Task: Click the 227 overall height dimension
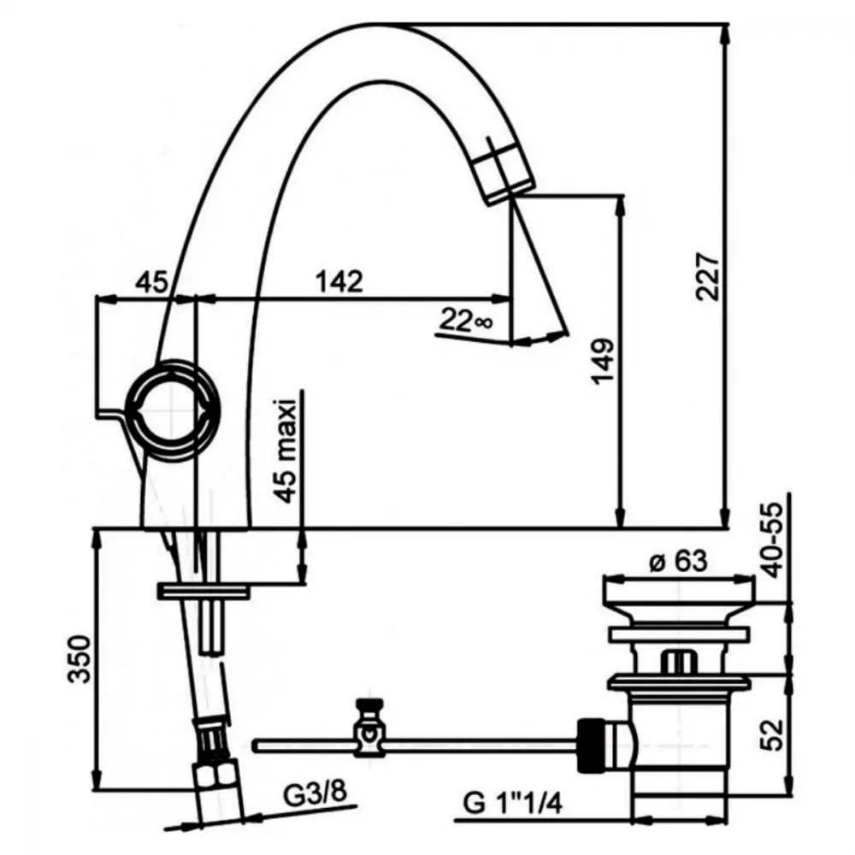(708, 276)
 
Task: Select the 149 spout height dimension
(603, 362)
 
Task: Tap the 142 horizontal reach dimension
(339, 281)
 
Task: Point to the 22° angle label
(466, 320)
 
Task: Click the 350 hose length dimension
(80, 658)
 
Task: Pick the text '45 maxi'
(286, 451)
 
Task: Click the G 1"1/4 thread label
(512, 803)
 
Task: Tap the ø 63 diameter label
(678, 561)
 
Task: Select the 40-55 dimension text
(772, 540)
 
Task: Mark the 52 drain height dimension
(772, 734)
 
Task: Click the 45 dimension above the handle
(151, 282)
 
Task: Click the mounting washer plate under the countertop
(203, 591)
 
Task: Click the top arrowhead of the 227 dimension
(724, 35)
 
